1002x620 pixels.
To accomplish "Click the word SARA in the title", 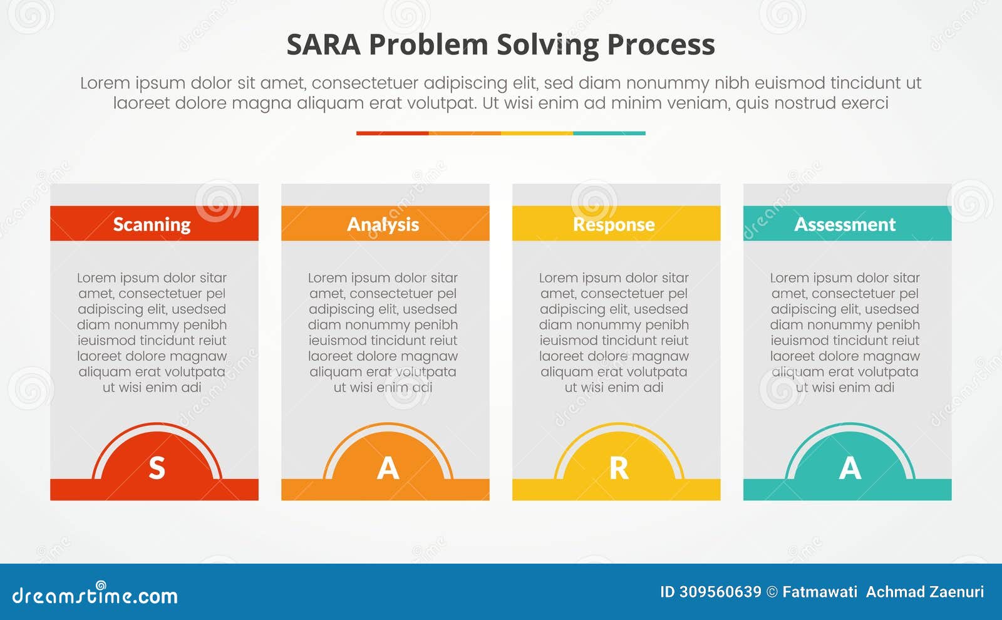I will point(323,45).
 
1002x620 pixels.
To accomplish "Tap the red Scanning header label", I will point(152,224).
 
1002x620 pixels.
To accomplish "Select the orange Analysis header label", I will point(383,224).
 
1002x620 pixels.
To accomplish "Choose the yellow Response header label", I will point(614,224).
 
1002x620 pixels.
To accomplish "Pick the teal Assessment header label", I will point(845,224).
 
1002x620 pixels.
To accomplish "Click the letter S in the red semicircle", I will point(157,468).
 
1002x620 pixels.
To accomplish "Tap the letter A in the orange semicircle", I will point(388,468).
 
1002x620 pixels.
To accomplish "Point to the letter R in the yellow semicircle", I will point(619,468).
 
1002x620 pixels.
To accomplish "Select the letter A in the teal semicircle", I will point(850,468).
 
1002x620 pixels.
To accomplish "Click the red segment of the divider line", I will point(392,133).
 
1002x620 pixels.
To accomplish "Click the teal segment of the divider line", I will point(609,133).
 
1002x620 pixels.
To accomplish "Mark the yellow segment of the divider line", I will point(537,133).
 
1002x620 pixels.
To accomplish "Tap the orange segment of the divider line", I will point(465,133).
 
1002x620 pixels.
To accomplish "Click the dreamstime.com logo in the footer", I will point(95,595).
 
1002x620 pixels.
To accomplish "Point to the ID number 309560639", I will point(720,592).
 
